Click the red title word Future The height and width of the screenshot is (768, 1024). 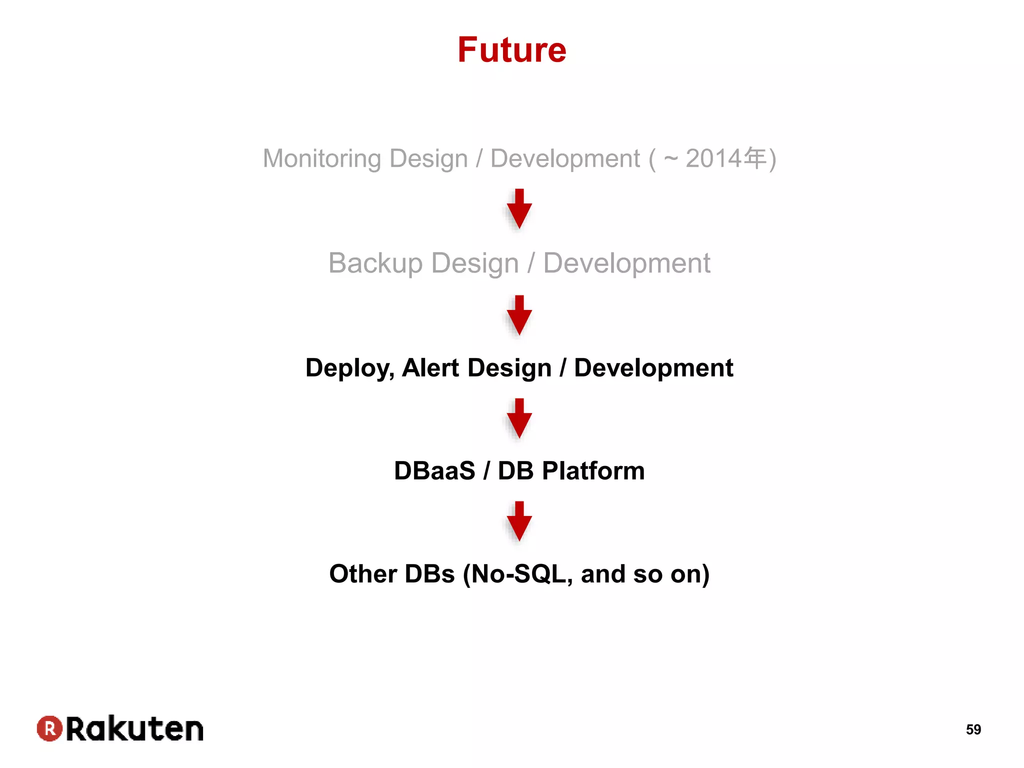point(511,50)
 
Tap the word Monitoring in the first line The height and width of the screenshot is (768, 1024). point(322,159)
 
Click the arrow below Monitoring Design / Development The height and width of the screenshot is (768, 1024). point(519,209)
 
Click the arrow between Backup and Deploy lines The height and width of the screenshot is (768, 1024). point(519,315)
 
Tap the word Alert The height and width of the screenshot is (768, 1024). point(430,368)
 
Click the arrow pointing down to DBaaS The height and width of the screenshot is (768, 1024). point(519,418)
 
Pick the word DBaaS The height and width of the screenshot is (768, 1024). point(434,471)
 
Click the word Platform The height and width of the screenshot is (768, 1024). point(593,471)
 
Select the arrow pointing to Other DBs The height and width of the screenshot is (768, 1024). point(519,521)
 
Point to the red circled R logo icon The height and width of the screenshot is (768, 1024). point(49,728)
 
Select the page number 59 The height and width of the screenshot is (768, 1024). point(973,729)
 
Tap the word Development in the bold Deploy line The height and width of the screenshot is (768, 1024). point(653,368)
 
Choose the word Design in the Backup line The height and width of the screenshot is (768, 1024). point(474,263)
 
